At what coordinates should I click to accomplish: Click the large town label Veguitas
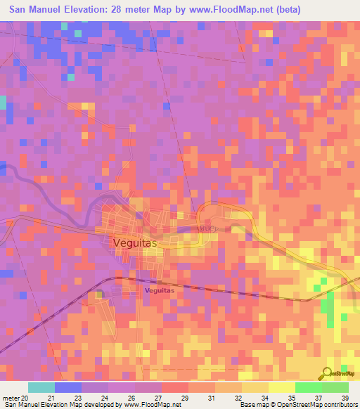(136, 242)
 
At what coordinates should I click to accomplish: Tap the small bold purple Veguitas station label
(158, 289)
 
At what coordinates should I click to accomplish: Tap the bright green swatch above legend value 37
(308, 387)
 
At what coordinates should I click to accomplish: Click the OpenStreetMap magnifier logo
(327, 372)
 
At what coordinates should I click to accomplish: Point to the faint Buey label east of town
(209, 228)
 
